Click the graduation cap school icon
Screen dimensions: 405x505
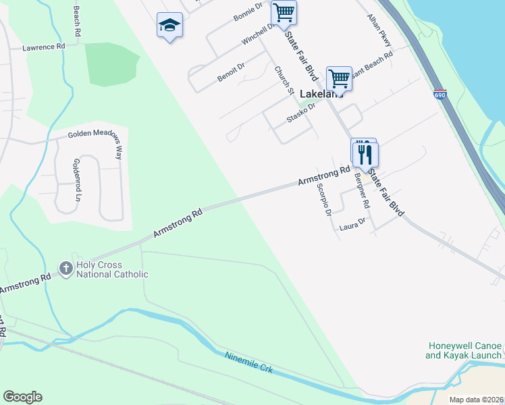(169, 26)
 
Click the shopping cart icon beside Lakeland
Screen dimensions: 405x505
(339, 78)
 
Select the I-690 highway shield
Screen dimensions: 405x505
(440, 94)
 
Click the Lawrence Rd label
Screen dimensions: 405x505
(43, 48)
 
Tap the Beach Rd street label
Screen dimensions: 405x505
(77, 22)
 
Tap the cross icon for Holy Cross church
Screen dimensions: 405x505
(66, 269)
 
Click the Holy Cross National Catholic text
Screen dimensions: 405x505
(112, 270)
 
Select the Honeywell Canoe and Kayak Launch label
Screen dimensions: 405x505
(464, 350)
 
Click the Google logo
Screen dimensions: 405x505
(22, 397)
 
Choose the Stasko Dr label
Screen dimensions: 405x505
(301, 112)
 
